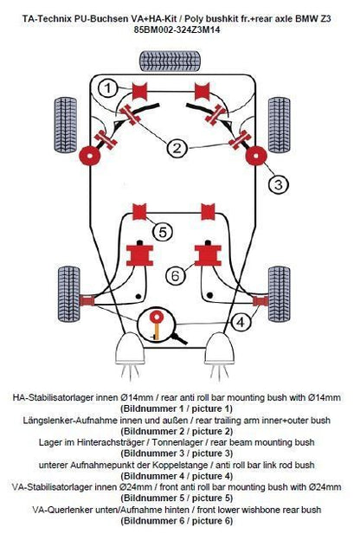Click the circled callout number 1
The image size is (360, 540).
point(108,88)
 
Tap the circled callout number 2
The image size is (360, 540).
point(177,148)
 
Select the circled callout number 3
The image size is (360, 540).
point(279,184)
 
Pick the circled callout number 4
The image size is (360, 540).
point(241,322)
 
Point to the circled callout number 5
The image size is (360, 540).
point(163,232)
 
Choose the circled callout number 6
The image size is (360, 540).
point(176,275)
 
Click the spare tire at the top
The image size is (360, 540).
point(170,61)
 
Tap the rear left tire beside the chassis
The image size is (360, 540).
point(66,125)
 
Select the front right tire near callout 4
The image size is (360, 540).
point(279,294)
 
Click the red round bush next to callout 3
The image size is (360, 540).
point(256,156)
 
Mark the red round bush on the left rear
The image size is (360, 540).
point(90,156)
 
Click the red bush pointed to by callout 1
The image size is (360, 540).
point(139,91)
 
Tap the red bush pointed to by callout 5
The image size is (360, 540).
point(139,211)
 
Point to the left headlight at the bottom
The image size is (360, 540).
point(130,349)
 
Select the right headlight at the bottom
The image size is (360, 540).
point(220,349)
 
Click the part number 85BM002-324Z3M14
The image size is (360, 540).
point(177,30)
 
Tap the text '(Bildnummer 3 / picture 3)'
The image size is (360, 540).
point(177,453)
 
